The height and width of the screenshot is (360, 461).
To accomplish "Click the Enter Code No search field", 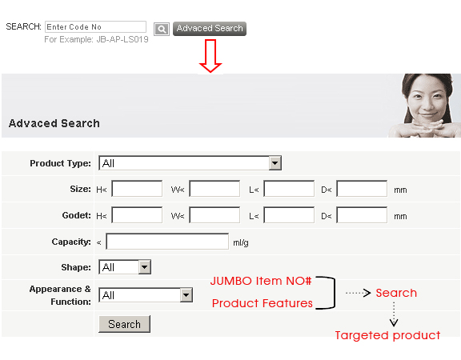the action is tap(95, 26).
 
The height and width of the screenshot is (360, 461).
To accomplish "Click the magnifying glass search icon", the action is tap(162, 29).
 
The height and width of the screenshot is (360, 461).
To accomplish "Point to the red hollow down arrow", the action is tap(210, 56).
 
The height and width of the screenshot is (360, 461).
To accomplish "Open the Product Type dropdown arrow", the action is tap(275, 163).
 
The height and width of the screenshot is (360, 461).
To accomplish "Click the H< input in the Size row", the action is tap(137, 189).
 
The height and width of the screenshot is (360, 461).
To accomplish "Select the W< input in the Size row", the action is tap(214, 189).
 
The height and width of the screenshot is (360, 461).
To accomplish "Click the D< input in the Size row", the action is tap(362, 189).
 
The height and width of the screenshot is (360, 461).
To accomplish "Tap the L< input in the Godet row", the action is tap(289, 215).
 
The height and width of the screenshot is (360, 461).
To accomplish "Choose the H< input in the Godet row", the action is tap(137, 215).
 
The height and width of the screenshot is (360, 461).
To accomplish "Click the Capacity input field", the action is tap(167, 242).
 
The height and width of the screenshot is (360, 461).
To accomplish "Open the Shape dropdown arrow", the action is tap(144, 267).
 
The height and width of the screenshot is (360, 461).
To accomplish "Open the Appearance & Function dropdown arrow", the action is tap(186, 295).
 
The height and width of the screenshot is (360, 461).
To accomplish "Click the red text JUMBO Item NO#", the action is tap(261, 281).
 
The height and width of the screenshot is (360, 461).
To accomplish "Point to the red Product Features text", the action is tap(263, 303).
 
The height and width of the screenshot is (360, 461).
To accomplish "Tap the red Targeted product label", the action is tap(387, 335).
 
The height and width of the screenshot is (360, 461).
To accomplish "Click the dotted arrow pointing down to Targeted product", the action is tap(394, 314).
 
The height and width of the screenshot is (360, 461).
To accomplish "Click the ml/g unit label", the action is tap(241, 242).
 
